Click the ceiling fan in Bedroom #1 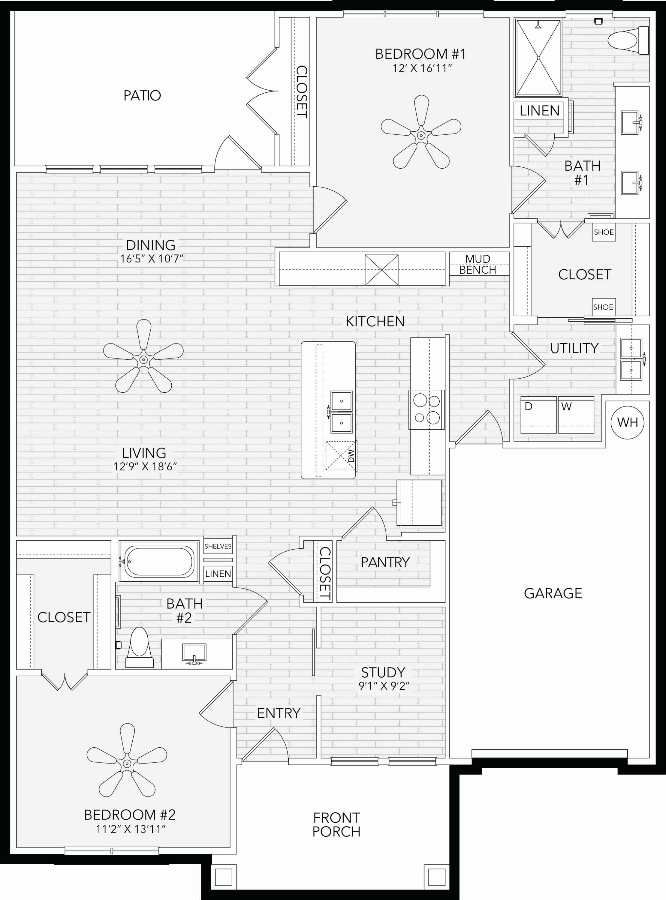[421, 132]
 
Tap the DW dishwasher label [351, 456]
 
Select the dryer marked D [539, 415]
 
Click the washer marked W [576, 415]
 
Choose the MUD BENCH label [478, 264]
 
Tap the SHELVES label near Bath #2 [218, 546]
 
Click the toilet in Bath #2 [139, 647]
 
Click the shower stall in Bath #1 [538, 58]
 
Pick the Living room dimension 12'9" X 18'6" [145, 466]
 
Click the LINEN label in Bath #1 [539, 110]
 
